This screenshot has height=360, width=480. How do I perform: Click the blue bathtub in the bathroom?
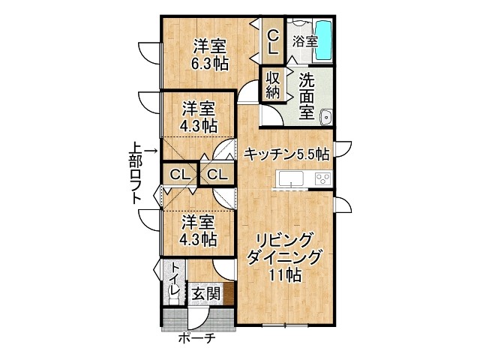pos(323,40)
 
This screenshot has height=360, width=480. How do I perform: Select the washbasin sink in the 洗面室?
pos(326,117)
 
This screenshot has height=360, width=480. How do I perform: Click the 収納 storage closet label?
pos(273,85)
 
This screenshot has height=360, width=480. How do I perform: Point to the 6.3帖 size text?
pos(209,64)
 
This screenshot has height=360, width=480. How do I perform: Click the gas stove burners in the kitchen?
pos(323,178)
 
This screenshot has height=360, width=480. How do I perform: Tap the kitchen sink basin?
pos(290,178)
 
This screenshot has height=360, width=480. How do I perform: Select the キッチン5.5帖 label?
pos(287,154)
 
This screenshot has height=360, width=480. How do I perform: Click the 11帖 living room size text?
pos(285,274)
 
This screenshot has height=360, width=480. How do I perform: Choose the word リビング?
pos(285,240)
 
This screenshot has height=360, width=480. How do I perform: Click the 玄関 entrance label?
pos(205,294)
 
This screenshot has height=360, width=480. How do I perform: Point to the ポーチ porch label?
pos(197,338)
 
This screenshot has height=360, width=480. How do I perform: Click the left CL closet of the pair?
pos(180,175)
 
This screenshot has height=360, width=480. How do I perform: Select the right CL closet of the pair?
pos(217,175)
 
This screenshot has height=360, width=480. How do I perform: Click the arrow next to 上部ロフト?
pos(151,151)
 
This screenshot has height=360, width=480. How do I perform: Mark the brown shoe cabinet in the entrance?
pos(229,293)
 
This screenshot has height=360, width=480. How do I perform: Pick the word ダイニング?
pos(285,257)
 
